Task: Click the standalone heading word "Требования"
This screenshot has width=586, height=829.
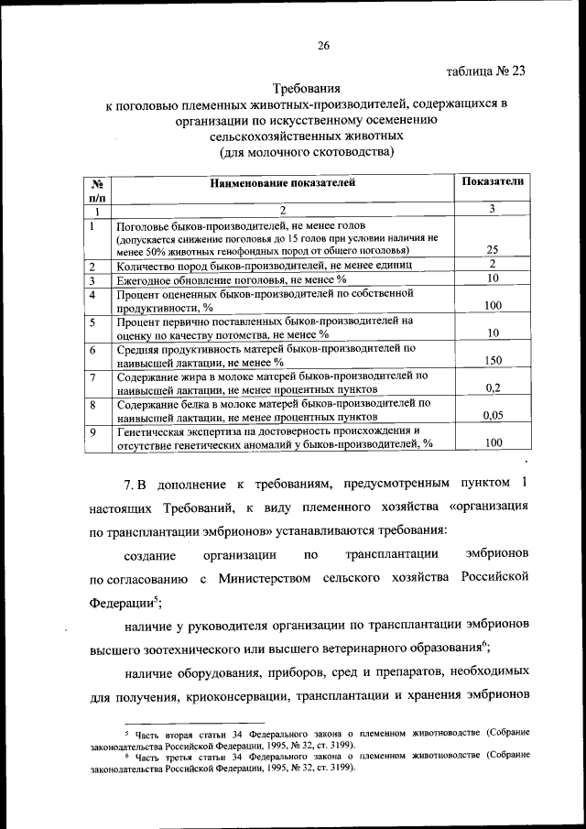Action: (307, 90)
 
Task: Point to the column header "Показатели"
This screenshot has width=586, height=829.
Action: (493, 181)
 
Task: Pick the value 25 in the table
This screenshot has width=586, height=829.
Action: (493, 249)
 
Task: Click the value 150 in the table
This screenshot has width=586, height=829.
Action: (493, 361)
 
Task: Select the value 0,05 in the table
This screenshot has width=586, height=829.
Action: (493, 415)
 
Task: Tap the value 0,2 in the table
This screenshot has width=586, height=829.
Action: (493, 387)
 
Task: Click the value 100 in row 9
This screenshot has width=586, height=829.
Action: (493, 442)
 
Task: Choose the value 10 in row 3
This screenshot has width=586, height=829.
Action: (493, 278)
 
